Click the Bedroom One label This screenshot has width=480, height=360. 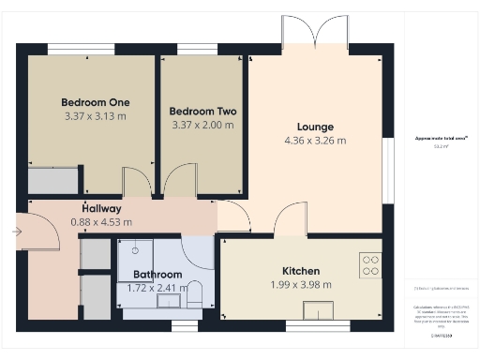tap(96, 102)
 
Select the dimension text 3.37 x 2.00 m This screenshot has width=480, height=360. tap(203, 124)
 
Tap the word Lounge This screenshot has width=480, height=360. tap(315, 127)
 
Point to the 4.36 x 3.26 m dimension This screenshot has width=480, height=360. tap(315, 141)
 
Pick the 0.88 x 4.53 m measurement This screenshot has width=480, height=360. tap(101, 222)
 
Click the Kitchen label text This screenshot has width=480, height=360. tap(301, 271)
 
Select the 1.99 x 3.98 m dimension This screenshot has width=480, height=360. tap(300, 285)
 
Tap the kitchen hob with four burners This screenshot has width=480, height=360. tap(370, 265)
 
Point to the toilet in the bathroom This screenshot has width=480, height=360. tap(195, 292)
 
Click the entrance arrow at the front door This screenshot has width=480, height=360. tap(18, 230)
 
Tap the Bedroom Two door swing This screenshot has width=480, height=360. tap(175, 183)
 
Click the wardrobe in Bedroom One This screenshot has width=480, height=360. tap(52, 179)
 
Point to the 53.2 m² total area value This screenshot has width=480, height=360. tap(439, 146)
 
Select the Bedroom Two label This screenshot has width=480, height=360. tap(203, 111)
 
